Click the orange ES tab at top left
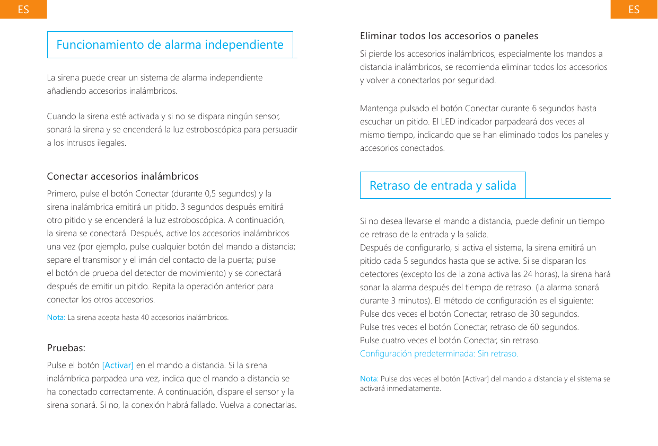tap(23, 10)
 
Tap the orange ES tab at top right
tap(634, 10)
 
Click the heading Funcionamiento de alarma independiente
tap(170, 44)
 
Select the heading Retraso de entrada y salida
tap(443, 185)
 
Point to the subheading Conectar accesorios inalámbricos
tap(122, 176)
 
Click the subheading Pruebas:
tap(66, 348)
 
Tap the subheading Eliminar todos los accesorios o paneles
tap(449, 36)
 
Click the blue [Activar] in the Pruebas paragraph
tap(118, 365)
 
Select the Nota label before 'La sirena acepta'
tap(56, 318)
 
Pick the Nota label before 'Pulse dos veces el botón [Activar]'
tap(369, 379)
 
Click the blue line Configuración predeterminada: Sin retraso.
tap(439, 353)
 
